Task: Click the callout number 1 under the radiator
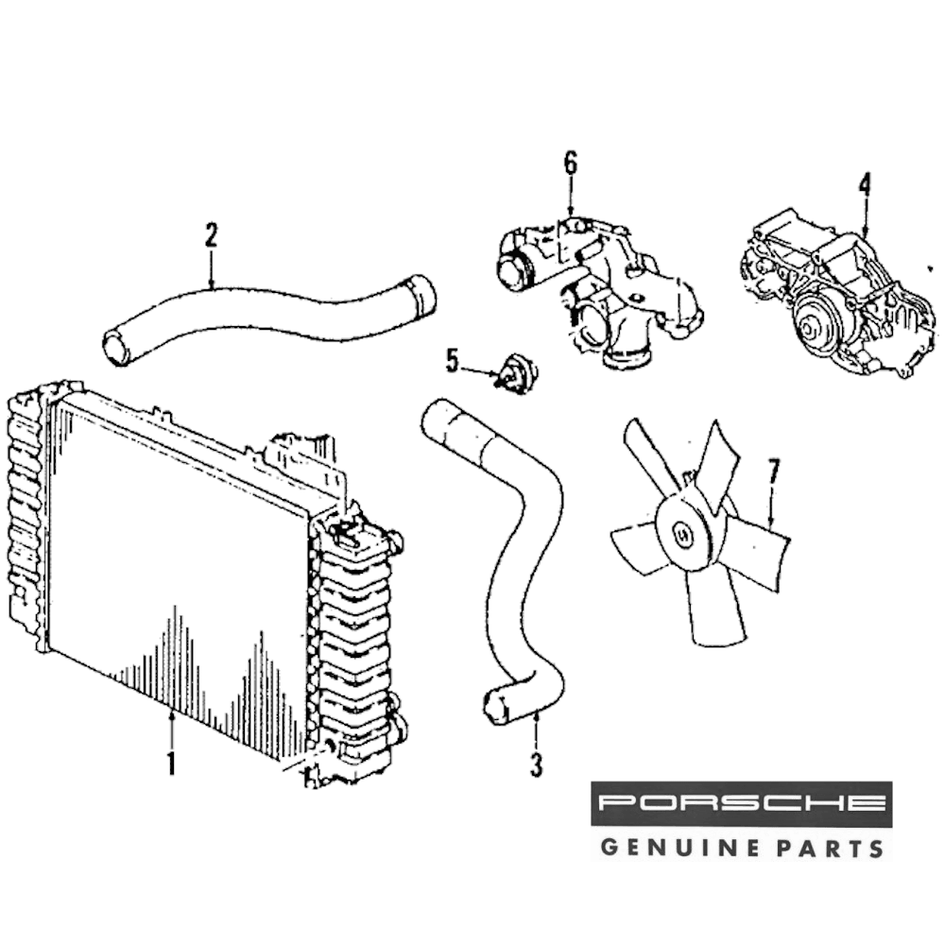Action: tap(171, 762)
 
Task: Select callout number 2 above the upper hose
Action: tap(211, 235)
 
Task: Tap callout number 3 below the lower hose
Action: tap(536, 764)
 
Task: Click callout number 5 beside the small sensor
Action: tap(452, 360)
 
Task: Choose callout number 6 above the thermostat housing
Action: tap(570, 163)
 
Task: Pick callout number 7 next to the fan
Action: tap(773, 471)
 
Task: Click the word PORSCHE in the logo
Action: tap(741, 804)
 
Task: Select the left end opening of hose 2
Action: tap(115, 348)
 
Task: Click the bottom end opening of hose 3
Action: tap(494, 709)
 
